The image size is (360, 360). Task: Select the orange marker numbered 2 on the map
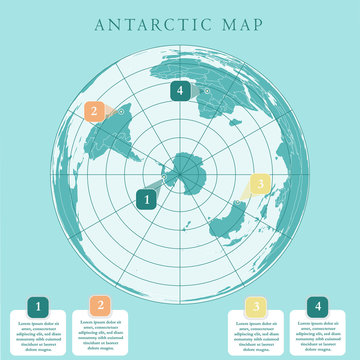pyautogui.click(x=93, y=112)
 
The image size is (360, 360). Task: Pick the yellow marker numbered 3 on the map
pyautogui.click(x=259, y=184)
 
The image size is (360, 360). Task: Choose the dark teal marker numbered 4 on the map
pyautogui.click(x=180, y=91)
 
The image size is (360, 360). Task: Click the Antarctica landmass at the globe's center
pyautogui.click(x=186, y=171)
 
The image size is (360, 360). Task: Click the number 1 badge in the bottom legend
pyautogui.click(x=38, y=306)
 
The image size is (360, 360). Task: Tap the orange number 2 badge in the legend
pyautogui.click(x=100, y=306)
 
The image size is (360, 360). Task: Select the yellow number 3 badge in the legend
pyautogui.click(x=256, y=306)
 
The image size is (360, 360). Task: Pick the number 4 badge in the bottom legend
pyautogui.click(x=319, y=306)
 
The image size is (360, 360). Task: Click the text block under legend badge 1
pyautogui.click(x=38, y=336)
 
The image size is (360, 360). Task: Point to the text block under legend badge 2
pyautogui.click(x=100, y=336)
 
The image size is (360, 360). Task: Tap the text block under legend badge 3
pyautogui.click(x=256, y=336)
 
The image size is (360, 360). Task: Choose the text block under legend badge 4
pyautogui.click(x=319, y=336)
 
